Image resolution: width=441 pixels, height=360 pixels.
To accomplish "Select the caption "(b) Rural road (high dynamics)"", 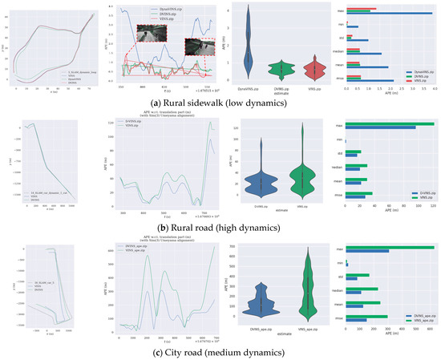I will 220,229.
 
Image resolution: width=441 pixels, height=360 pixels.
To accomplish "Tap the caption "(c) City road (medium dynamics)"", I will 220,350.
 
